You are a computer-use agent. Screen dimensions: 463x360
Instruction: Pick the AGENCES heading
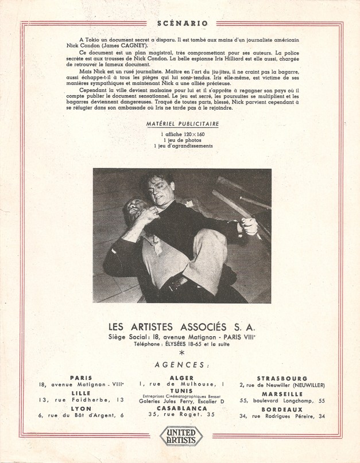click(x=180, y=365)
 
